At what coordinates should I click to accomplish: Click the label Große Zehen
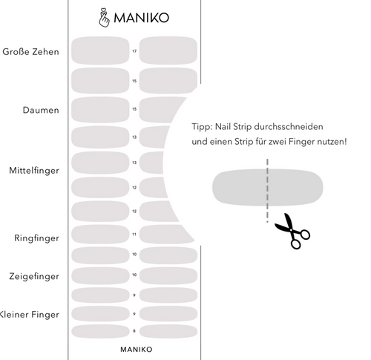point(30,52)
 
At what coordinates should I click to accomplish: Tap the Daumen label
point(41,110)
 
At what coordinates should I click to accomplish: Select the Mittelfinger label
point(34,171)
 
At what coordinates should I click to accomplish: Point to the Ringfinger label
point(36,238)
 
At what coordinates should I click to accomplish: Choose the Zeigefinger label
point(34,276)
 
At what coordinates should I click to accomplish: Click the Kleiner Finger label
point(29,315)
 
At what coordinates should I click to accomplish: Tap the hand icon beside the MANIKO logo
point(104,18)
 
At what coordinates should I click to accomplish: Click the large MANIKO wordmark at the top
point(141,18)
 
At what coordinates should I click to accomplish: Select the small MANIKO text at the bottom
point(137,350)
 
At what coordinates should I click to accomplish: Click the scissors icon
point(293,232)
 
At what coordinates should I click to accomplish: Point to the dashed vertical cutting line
point(267,191)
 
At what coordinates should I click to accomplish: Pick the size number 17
point(134,51)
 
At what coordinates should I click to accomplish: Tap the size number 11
point(134,235)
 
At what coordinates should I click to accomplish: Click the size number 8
point(134,331)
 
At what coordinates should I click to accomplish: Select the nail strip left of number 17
point(100,50)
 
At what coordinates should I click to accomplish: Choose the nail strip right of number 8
point(168,331)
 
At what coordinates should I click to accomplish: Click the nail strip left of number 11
point(100,234)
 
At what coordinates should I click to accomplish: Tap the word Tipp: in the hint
point(202,127)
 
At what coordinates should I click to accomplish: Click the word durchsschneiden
point(289,127)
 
